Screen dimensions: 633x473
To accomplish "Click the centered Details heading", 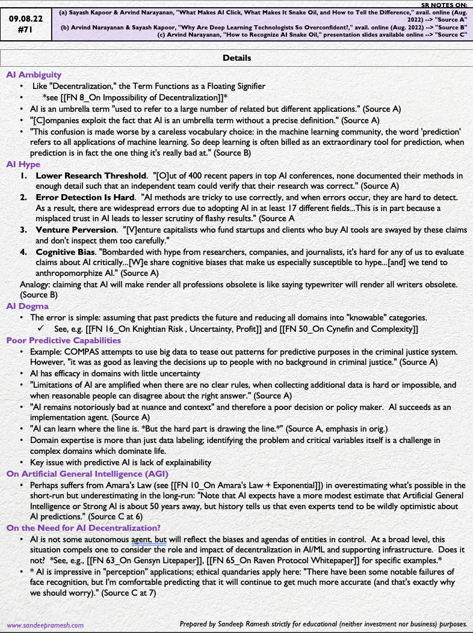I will point(236,58).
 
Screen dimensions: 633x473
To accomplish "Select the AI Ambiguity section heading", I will point(34,75).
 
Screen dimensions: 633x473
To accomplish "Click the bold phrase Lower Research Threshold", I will point(92,176).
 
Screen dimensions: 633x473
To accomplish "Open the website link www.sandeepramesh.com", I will point(46,625).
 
